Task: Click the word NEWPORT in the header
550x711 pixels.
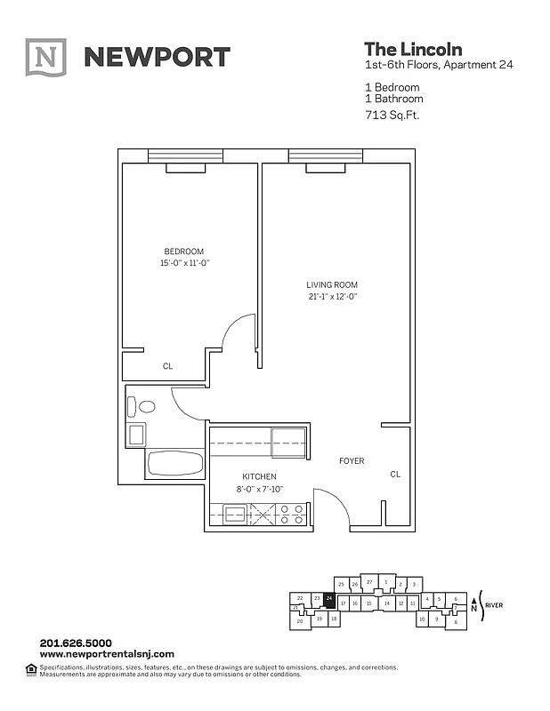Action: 157,58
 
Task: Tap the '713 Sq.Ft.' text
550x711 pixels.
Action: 392,115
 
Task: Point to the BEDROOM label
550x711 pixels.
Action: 183,251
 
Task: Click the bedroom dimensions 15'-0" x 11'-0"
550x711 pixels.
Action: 183,263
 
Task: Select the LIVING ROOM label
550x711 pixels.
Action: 331,284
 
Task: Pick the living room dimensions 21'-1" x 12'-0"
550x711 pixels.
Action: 331,297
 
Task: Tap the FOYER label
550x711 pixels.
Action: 352,460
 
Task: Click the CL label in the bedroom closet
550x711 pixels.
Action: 167,365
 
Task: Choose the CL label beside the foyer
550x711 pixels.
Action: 395,475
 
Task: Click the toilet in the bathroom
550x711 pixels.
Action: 142,407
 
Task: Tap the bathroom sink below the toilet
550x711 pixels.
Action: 138,435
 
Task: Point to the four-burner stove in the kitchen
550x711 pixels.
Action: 293,514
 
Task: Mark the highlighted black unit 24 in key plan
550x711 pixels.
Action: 330,599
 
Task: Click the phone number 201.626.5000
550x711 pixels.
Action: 75,643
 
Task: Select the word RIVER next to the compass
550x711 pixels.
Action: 496,604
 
